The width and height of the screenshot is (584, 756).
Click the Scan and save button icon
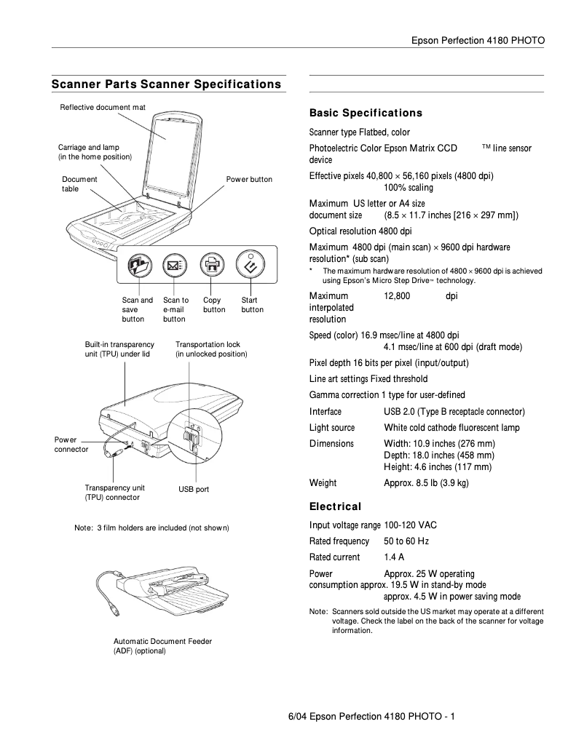pos(137,267)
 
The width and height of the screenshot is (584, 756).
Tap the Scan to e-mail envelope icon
pos(174,267)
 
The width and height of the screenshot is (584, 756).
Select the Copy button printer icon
pos(211,267)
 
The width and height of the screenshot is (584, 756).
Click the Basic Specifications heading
pos(366,114)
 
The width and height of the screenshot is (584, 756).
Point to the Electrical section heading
pos(335,506)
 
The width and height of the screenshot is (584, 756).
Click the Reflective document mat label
pos(103,108)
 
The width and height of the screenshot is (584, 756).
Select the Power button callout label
pos(249,180)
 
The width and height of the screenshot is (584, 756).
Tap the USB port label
pos(194,490)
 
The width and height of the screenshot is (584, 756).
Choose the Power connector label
pos(71,445)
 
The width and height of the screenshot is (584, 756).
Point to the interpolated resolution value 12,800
pos(397,296)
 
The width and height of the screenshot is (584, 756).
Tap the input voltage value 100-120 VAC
pos(410,525)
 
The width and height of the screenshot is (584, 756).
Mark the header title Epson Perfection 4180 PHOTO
pos(478,40)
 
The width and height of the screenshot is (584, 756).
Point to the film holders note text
pos(151,528)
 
